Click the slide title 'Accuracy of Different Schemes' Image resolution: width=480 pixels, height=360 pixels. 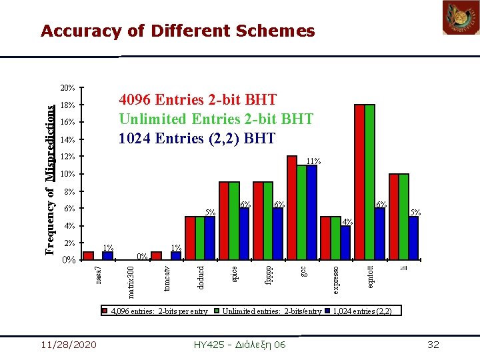click(177, 31)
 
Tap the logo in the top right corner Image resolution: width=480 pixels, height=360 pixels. click(461, 17)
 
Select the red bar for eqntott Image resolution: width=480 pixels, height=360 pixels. click(359, 182)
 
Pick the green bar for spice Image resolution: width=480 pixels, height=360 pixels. click(234, 221)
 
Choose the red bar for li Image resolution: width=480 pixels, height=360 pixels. click(393, 217)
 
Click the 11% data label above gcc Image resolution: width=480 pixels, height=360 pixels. click(313, 161)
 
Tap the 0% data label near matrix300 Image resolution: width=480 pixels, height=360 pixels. click(142, 256)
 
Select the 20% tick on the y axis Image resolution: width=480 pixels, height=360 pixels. click(67, 88)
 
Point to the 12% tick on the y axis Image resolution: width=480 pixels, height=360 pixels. click(67, 157)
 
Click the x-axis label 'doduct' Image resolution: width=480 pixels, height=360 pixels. click(202, 276)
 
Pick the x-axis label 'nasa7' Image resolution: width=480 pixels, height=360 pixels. click(98, 275)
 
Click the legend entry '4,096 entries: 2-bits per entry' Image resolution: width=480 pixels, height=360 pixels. click(155, 311)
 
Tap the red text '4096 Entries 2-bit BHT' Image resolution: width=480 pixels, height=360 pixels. click(197, 100)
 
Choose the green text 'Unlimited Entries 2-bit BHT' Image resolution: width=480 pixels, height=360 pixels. click(216, 119)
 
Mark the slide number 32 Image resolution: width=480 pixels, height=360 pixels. click(433, 344)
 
